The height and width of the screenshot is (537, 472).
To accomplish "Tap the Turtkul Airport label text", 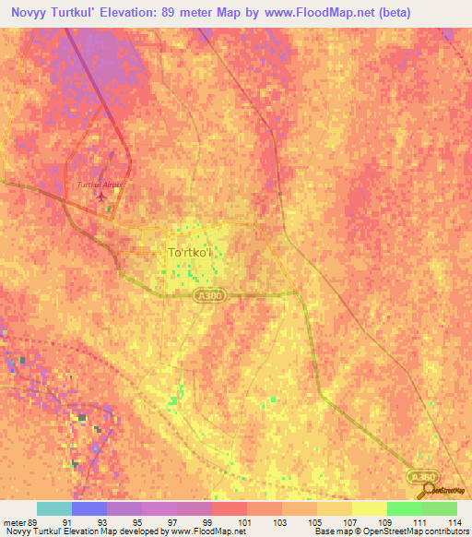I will pos(99,185).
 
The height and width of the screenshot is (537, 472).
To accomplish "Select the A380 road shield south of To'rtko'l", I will pos(209,294).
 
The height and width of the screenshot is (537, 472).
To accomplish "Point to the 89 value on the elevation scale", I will pos(36,522).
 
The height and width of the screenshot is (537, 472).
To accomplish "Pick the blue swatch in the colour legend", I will pos(89,508).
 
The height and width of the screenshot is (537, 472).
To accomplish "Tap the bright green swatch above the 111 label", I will pos(404,508).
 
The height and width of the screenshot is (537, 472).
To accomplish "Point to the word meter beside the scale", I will pos(15,522).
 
